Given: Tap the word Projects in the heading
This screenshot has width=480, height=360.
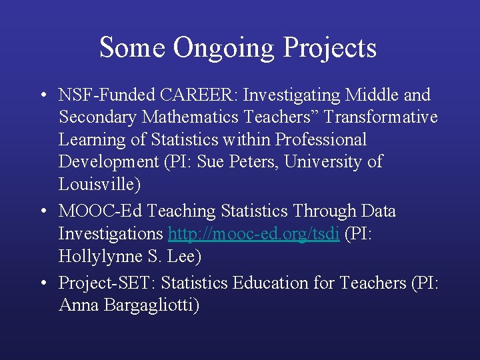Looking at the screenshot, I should (x=330, y=49).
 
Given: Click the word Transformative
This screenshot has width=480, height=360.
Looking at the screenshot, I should (x=381, y=118).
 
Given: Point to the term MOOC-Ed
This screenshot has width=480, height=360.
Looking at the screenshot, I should (x=101, y=211).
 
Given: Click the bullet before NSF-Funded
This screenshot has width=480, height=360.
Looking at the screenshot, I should (x=43, y=96).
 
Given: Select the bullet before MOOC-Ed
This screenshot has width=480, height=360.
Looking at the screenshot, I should (x=43, y=212).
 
